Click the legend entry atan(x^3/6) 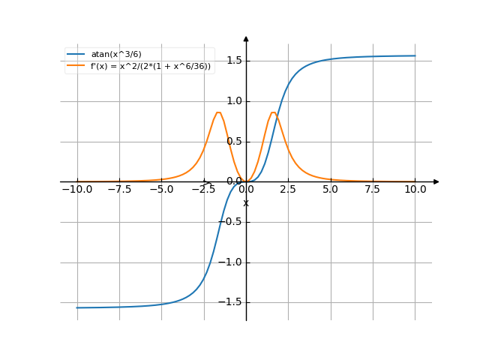tap(115, 54)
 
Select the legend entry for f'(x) tap(151, 66)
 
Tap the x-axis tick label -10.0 tap(77, 190)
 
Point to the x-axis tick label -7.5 tap(119, 190)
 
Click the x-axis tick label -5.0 tap(161, 190)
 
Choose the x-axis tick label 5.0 tap(331, 190)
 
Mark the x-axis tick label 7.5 tap(373, 190)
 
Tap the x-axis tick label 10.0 tap(415, 190)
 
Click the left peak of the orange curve tap(218, 112)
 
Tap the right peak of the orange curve tap(274, 112)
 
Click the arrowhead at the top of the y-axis tap(246, 37)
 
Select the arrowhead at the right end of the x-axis tap(436, 181)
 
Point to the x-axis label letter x tap(246, 203)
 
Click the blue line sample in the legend tap(76, 54)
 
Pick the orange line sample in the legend tap(76, 66)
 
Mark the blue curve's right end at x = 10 tap(415, 55)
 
